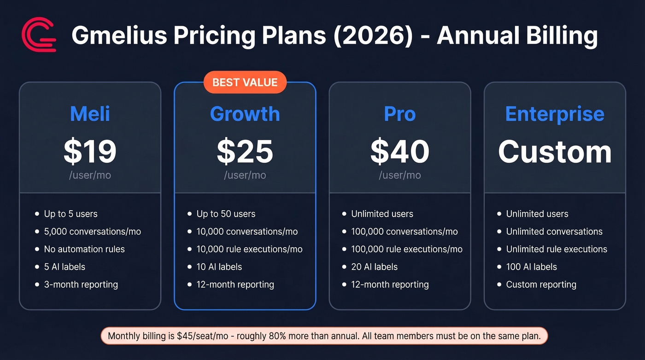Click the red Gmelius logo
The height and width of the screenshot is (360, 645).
coord(39,35)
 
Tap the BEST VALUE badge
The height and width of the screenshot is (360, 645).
coord(245,83)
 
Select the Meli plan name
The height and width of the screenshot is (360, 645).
coord(90,114)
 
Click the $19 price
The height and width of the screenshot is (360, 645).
coord(90,152)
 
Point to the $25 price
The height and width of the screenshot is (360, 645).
coord(245,152)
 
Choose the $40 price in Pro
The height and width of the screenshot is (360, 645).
coord(400,152)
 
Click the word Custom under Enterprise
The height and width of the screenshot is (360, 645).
coord(555,152)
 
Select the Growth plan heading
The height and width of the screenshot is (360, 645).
coord(245,114)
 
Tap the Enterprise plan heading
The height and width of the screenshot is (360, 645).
coord(555,114)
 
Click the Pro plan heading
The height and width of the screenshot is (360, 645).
coord(400,114)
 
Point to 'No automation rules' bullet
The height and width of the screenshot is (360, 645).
coord(84,249)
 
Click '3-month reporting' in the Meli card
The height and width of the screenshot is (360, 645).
coord(81,284)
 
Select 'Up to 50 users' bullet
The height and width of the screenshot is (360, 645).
coord(226,214)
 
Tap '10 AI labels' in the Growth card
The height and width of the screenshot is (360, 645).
coord(219,267)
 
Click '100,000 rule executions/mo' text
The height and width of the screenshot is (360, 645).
coord(407,249)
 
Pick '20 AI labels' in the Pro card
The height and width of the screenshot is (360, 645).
coord(374,267)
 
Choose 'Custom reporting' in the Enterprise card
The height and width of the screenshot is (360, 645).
coord(541,284)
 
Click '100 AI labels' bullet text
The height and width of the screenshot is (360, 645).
coord(531,267)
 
